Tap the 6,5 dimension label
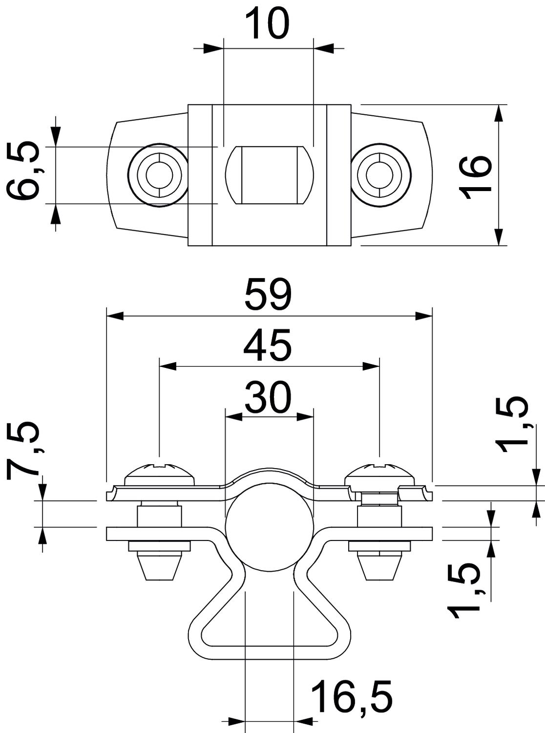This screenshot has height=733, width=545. pyautogui.click(x=24, y=172)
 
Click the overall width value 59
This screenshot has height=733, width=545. pyautogui.click(x=269, y=295)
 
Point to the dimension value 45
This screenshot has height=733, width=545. pyautogui.click(x=268, y=345)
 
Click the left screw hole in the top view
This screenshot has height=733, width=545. pyautogui.click(x=158, y=174)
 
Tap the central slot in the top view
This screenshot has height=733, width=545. pyautogui.click(x=268, y=174)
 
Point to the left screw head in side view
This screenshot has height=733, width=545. pyautogui.click(x=160, y=473)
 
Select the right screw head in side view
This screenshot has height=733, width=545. pyautogui.click(x=379, y=473)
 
